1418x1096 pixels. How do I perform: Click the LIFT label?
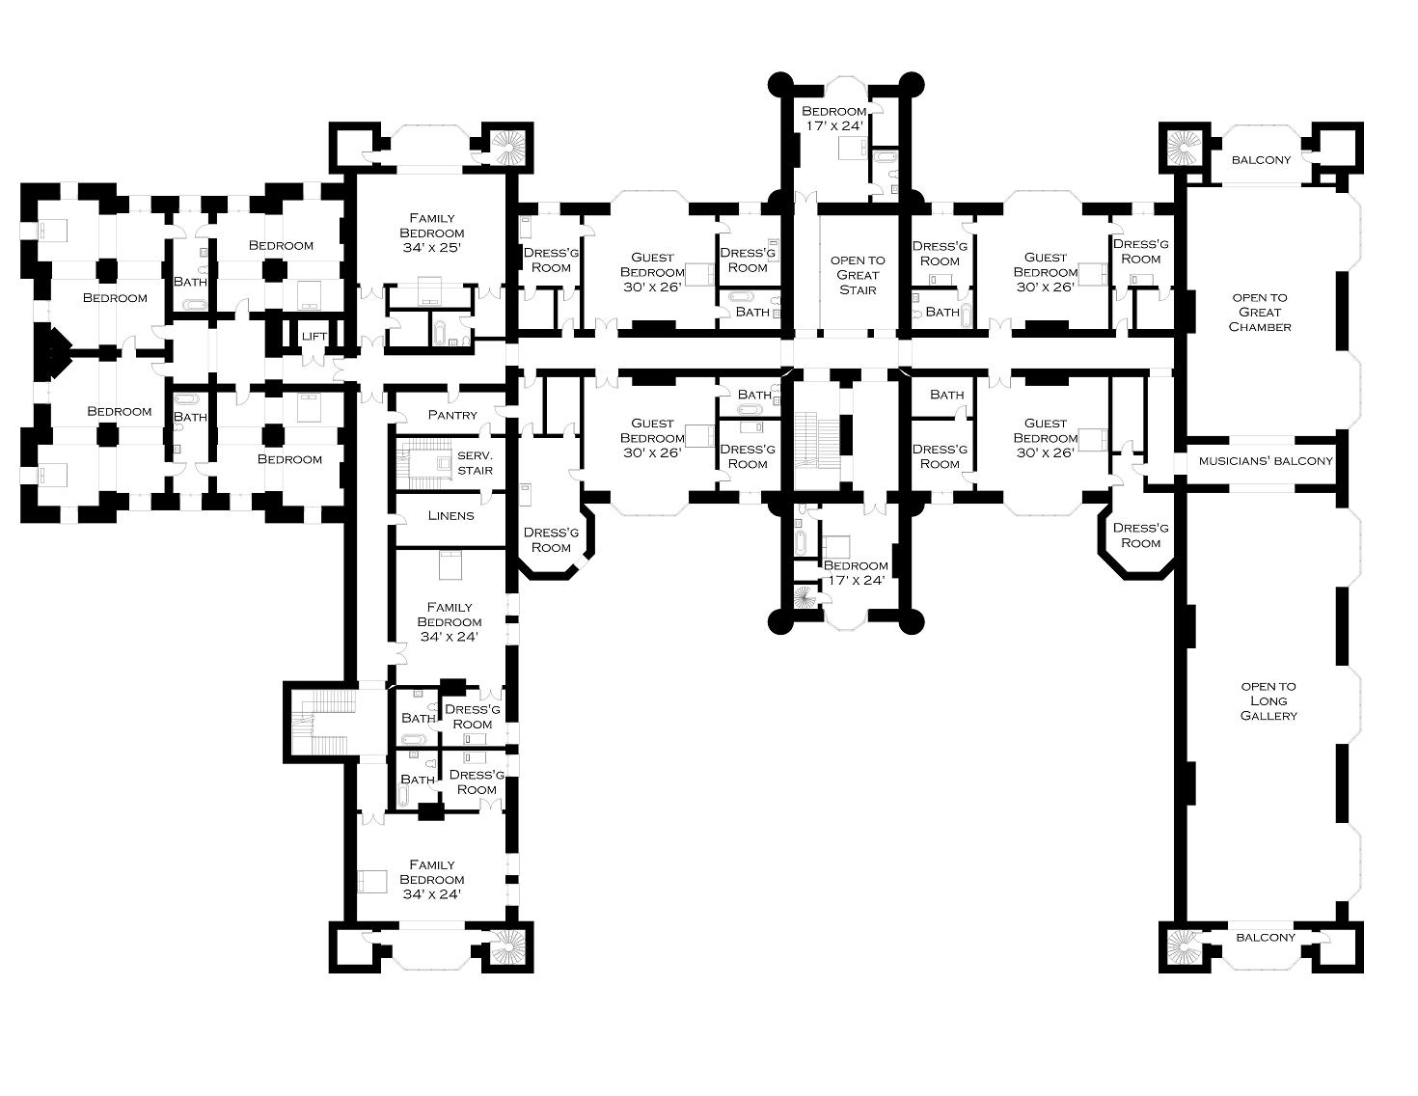(314, 336)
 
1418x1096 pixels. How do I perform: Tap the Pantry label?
(452, 415)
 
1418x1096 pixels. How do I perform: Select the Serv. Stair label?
(475, 463)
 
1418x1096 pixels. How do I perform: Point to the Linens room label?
(450, 515)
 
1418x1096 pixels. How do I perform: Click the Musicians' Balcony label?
(1266, 461)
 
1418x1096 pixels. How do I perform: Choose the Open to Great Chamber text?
(1260, 312)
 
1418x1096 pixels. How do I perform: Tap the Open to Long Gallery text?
(1268, 701)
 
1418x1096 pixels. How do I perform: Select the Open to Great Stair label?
(858, 275)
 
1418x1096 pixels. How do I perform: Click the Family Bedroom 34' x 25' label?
(431, 233)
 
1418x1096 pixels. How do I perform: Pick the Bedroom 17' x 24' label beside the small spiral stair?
(856, 573)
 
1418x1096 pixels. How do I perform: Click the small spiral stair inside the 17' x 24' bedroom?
(804, 599)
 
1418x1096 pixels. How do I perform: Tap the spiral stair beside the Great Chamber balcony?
(1183, 148)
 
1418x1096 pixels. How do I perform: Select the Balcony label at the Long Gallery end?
(1266, 937)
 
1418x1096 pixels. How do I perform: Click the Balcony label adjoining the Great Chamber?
(1260, 159)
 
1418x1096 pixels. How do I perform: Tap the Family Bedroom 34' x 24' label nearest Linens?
(450, 621)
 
